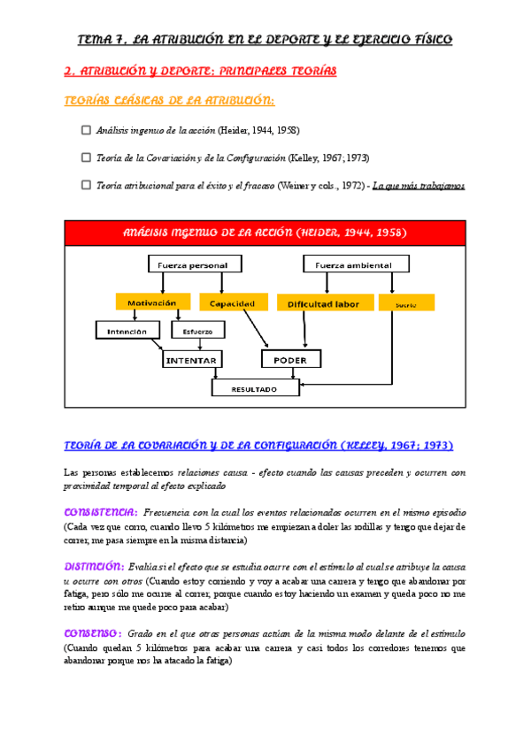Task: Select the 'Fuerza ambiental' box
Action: click(357, 264)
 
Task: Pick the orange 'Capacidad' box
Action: click(232, 302)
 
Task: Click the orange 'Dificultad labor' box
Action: click(322, 302)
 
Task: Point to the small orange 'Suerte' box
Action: click(406, 302)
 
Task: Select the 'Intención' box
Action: click(127, 330)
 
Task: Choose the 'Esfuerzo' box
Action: click(197, 331)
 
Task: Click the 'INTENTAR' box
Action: click(193, 359)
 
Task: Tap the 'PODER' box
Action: click(290, 359)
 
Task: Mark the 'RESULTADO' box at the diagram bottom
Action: click(255, 387)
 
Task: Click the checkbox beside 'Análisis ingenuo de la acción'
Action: click(86, 130)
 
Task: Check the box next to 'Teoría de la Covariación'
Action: click(86, 157)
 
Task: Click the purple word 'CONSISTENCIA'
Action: click(100, 513)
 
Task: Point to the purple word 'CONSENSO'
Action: click(93, 633)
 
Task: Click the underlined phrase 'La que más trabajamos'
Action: click(419, 186)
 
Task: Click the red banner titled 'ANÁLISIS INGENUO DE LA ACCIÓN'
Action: click(265, 233)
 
